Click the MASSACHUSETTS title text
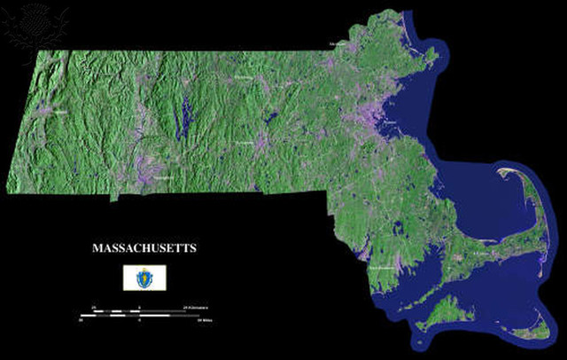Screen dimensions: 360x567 click(x=144, y=248)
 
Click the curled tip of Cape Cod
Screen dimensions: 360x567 click(x=513, y=172)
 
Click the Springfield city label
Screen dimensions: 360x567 click(x=163, y=177)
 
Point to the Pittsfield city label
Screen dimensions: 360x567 click(x=59, y=113)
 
